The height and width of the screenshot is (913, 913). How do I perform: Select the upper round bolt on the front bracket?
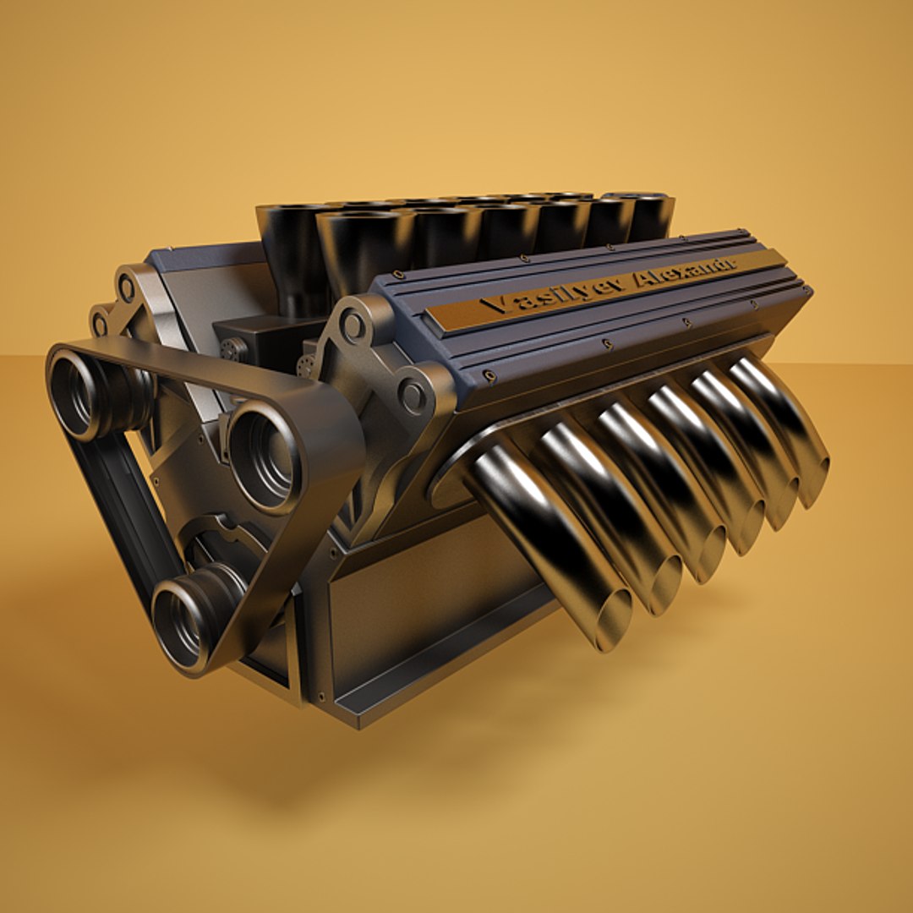pyautogui.click(x=354, y=325)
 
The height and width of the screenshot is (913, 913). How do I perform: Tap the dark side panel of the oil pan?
pyautogui.click(x=423, y=609)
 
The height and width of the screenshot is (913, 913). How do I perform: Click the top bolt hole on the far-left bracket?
pyautogui.click(x=127, y=288)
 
